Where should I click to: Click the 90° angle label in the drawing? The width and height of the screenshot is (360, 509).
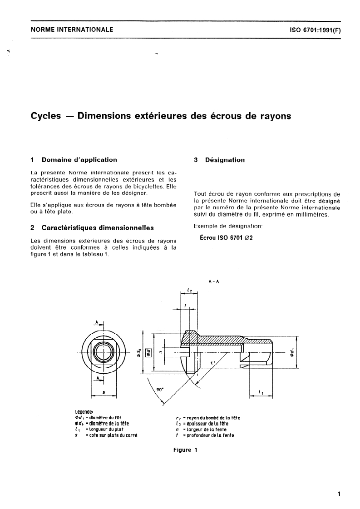click(159, 389)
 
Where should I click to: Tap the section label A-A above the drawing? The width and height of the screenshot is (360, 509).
click(213, 281)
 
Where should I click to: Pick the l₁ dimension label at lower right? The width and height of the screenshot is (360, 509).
click(261, 391)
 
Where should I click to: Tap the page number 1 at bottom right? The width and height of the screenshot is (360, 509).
click(339, 494)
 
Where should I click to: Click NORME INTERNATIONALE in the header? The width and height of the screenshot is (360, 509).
click(72, 30)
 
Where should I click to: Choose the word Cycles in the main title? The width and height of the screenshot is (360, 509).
click(45, 116)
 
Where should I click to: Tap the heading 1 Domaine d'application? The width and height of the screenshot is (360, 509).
click(74, 160)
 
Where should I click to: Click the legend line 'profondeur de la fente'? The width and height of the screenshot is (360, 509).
click(204, 435)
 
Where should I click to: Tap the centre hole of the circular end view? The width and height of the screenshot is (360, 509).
click(104, 352)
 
